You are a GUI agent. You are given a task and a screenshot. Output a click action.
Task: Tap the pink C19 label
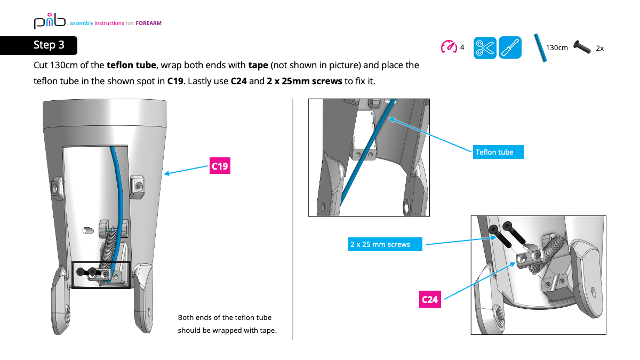tap(220, 166)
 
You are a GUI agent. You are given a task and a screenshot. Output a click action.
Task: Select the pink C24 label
tap(430, 299)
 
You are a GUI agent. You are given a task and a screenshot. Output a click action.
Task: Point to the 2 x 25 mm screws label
tap(385, 245)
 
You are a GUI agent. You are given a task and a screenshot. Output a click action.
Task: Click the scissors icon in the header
tap(485, 48)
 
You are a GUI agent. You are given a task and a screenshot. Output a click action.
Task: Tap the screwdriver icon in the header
tap(510, 48)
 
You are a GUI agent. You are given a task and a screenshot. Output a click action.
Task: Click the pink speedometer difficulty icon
tap(449, 47)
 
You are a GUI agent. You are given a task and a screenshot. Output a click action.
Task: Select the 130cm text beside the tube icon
tap(557, 48)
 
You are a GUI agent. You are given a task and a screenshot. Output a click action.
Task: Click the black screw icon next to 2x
tap(583, 47)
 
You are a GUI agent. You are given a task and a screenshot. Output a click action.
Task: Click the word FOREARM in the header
tap(149, 23)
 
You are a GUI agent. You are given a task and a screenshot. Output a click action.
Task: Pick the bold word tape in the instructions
tap(258, 66)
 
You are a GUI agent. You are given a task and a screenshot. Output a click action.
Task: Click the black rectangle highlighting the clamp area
tap(101, 275)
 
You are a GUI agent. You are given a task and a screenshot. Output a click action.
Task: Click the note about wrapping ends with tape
tap(227, 324)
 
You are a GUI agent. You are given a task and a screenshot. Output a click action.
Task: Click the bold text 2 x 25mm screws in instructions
tap(304, 82)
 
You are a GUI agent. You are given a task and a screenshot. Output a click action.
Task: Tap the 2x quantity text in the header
tap(599, 48)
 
